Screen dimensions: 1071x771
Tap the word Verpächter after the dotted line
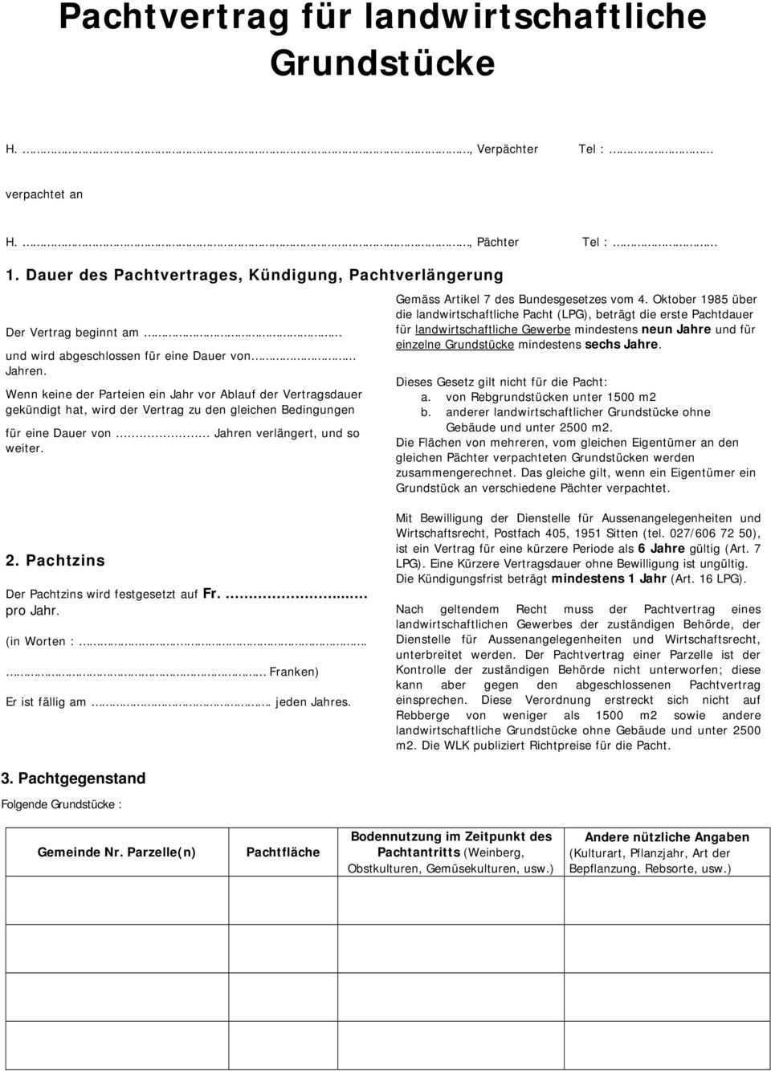(507, 149)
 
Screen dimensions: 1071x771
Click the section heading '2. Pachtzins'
(55, 560)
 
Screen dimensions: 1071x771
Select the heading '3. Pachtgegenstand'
(74, 778)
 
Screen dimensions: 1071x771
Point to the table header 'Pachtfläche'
(283, 852)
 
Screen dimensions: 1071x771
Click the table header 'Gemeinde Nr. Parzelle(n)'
(116, 852)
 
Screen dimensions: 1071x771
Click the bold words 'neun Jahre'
(676, 329)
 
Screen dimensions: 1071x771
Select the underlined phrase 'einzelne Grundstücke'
(455, 345)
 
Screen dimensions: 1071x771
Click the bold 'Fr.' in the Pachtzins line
(212, 594)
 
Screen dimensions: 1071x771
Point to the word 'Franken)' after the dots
(294, 671)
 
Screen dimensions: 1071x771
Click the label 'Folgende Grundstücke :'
(62, 803)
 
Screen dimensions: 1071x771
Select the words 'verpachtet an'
(44, 194)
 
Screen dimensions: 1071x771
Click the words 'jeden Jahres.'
(313, 701)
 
